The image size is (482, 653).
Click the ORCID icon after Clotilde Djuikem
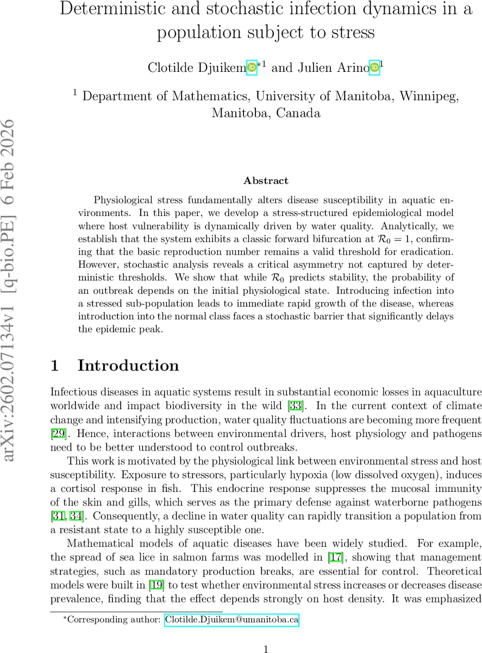tap(252, 67)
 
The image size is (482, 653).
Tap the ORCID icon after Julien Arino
tap(374, 67)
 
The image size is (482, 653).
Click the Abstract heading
tap(266, 181)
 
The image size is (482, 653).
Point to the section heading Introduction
tap(128, 365)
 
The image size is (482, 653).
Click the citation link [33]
tap(296, 406)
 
